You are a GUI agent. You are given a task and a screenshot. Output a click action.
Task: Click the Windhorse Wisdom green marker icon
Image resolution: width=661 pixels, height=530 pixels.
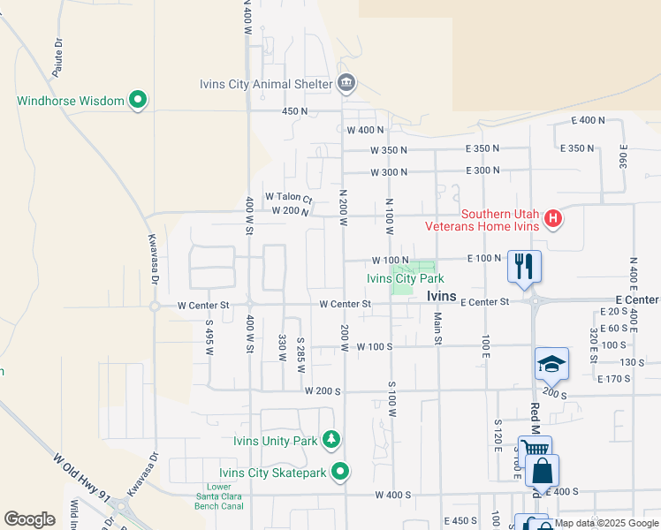[137, 101]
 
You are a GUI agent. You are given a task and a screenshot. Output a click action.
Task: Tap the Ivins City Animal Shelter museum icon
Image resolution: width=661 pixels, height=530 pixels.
[346, 85]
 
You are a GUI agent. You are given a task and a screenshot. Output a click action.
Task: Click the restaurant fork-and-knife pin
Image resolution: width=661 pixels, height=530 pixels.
[524, 264]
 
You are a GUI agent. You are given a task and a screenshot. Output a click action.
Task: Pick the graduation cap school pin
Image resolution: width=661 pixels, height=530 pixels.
[551, 363]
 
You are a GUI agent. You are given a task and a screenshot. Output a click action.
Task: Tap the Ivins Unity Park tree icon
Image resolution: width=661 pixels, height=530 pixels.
[331, 439]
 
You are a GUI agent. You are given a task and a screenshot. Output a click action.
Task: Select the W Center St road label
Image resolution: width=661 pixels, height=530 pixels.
[203, 306]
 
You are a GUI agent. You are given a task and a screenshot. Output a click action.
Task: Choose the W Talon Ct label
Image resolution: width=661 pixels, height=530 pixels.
[289, 197]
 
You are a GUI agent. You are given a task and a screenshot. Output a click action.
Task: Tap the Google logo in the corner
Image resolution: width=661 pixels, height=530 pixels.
[29, 519]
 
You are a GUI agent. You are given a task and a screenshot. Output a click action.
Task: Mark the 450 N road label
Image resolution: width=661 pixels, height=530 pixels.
[294, 111]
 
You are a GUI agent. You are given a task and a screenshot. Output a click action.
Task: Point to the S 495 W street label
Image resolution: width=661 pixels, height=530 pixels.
[209, 337]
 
